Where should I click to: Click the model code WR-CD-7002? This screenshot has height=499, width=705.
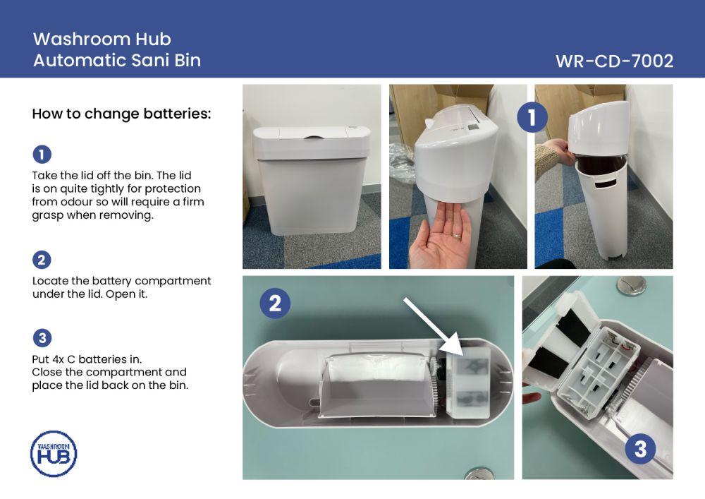[x=614, y=61]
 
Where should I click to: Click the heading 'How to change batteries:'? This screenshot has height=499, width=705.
[x=121, y=114]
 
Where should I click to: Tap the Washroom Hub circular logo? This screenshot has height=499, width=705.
[x=54, y=454]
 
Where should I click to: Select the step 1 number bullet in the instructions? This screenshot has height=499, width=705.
[x=42, y=155]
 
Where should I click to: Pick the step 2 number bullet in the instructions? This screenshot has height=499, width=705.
[x=42, y=260]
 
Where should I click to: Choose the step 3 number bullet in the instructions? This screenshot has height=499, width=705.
[x=42, y=338]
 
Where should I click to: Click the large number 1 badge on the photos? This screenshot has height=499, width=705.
[x=532, y=117]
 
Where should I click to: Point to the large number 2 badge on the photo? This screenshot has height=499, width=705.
[x=275, y=303]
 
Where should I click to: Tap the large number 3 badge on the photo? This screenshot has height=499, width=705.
[x=640, y=449]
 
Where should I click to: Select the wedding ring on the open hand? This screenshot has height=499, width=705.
[x=457, y=235]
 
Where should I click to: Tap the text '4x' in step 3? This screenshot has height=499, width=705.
[x=59, y=359]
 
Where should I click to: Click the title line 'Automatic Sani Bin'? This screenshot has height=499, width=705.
[x=117, y=60]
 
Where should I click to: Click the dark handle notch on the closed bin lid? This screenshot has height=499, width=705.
[x=314, y=136]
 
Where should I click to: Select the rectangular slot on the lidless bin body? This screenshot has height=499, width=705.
[x=605, y=182]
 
